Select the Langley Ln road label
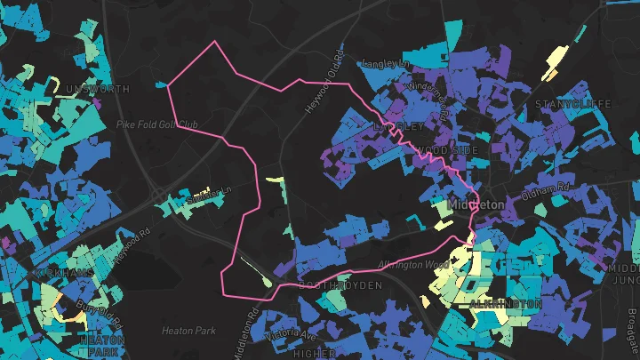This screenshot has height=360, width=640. (x=384, y=64)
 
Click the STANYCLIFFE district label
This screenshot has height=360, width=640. (x=573, y=105)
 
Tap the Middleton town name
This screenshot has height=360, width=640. (x=477, y=204)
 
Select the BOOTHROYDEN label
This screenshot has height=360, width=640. (x=340, y=285)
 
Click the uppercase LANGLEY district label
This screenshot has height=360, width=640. (x=396, y=127)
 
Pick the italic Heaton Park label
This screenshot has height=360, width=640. (x=188, y=331)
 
